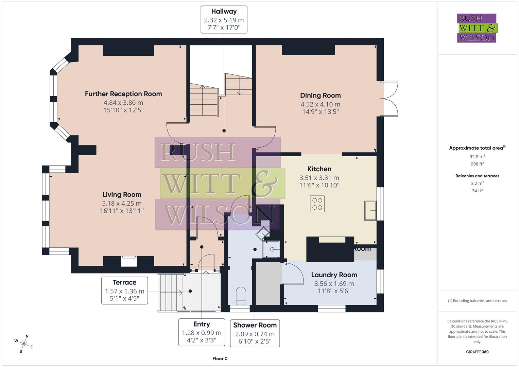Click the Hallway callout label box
224,19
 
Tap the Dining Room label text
320,95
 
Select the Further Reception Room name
123,94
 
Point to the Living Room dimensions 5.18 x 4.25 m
122,204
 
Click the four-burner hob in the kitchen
317,204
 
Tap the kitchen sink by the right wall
370,211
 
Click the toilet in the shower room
241,294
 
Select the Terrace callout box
124,290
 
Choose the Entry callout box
202,332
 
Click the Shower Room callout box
255,333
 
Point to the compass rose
23,343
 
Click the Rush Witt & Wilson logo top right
477,28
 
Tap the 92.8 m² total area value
477,157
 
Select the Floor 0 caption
220,359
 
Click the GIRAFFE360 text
477,352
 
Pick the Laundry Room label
334,275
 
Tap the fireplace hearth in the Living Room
129,262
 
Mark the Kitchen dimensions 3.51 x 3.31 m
319,178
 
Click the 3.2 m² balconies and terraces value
477,183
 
